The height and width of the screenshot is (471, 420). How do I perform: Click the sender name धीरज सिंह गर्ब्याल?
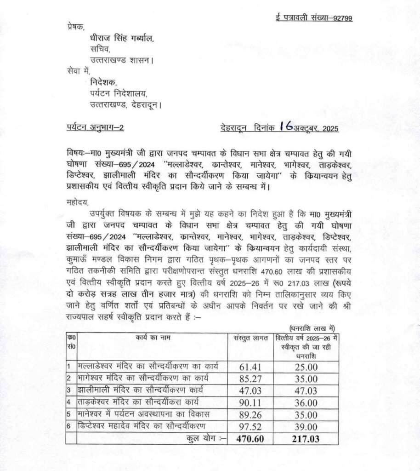pos(122,39)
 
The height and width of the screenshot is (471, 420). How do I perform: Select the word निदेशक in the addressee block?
pos(103,83)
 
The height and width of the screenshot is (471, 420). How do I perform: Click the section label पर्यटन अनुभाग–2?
pos(95,128)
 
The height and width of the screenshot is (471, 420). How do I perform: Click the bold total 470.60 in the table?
pos(250,439)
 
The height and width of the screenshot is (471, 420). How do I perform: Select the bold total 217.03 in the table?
pos(306,439)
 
